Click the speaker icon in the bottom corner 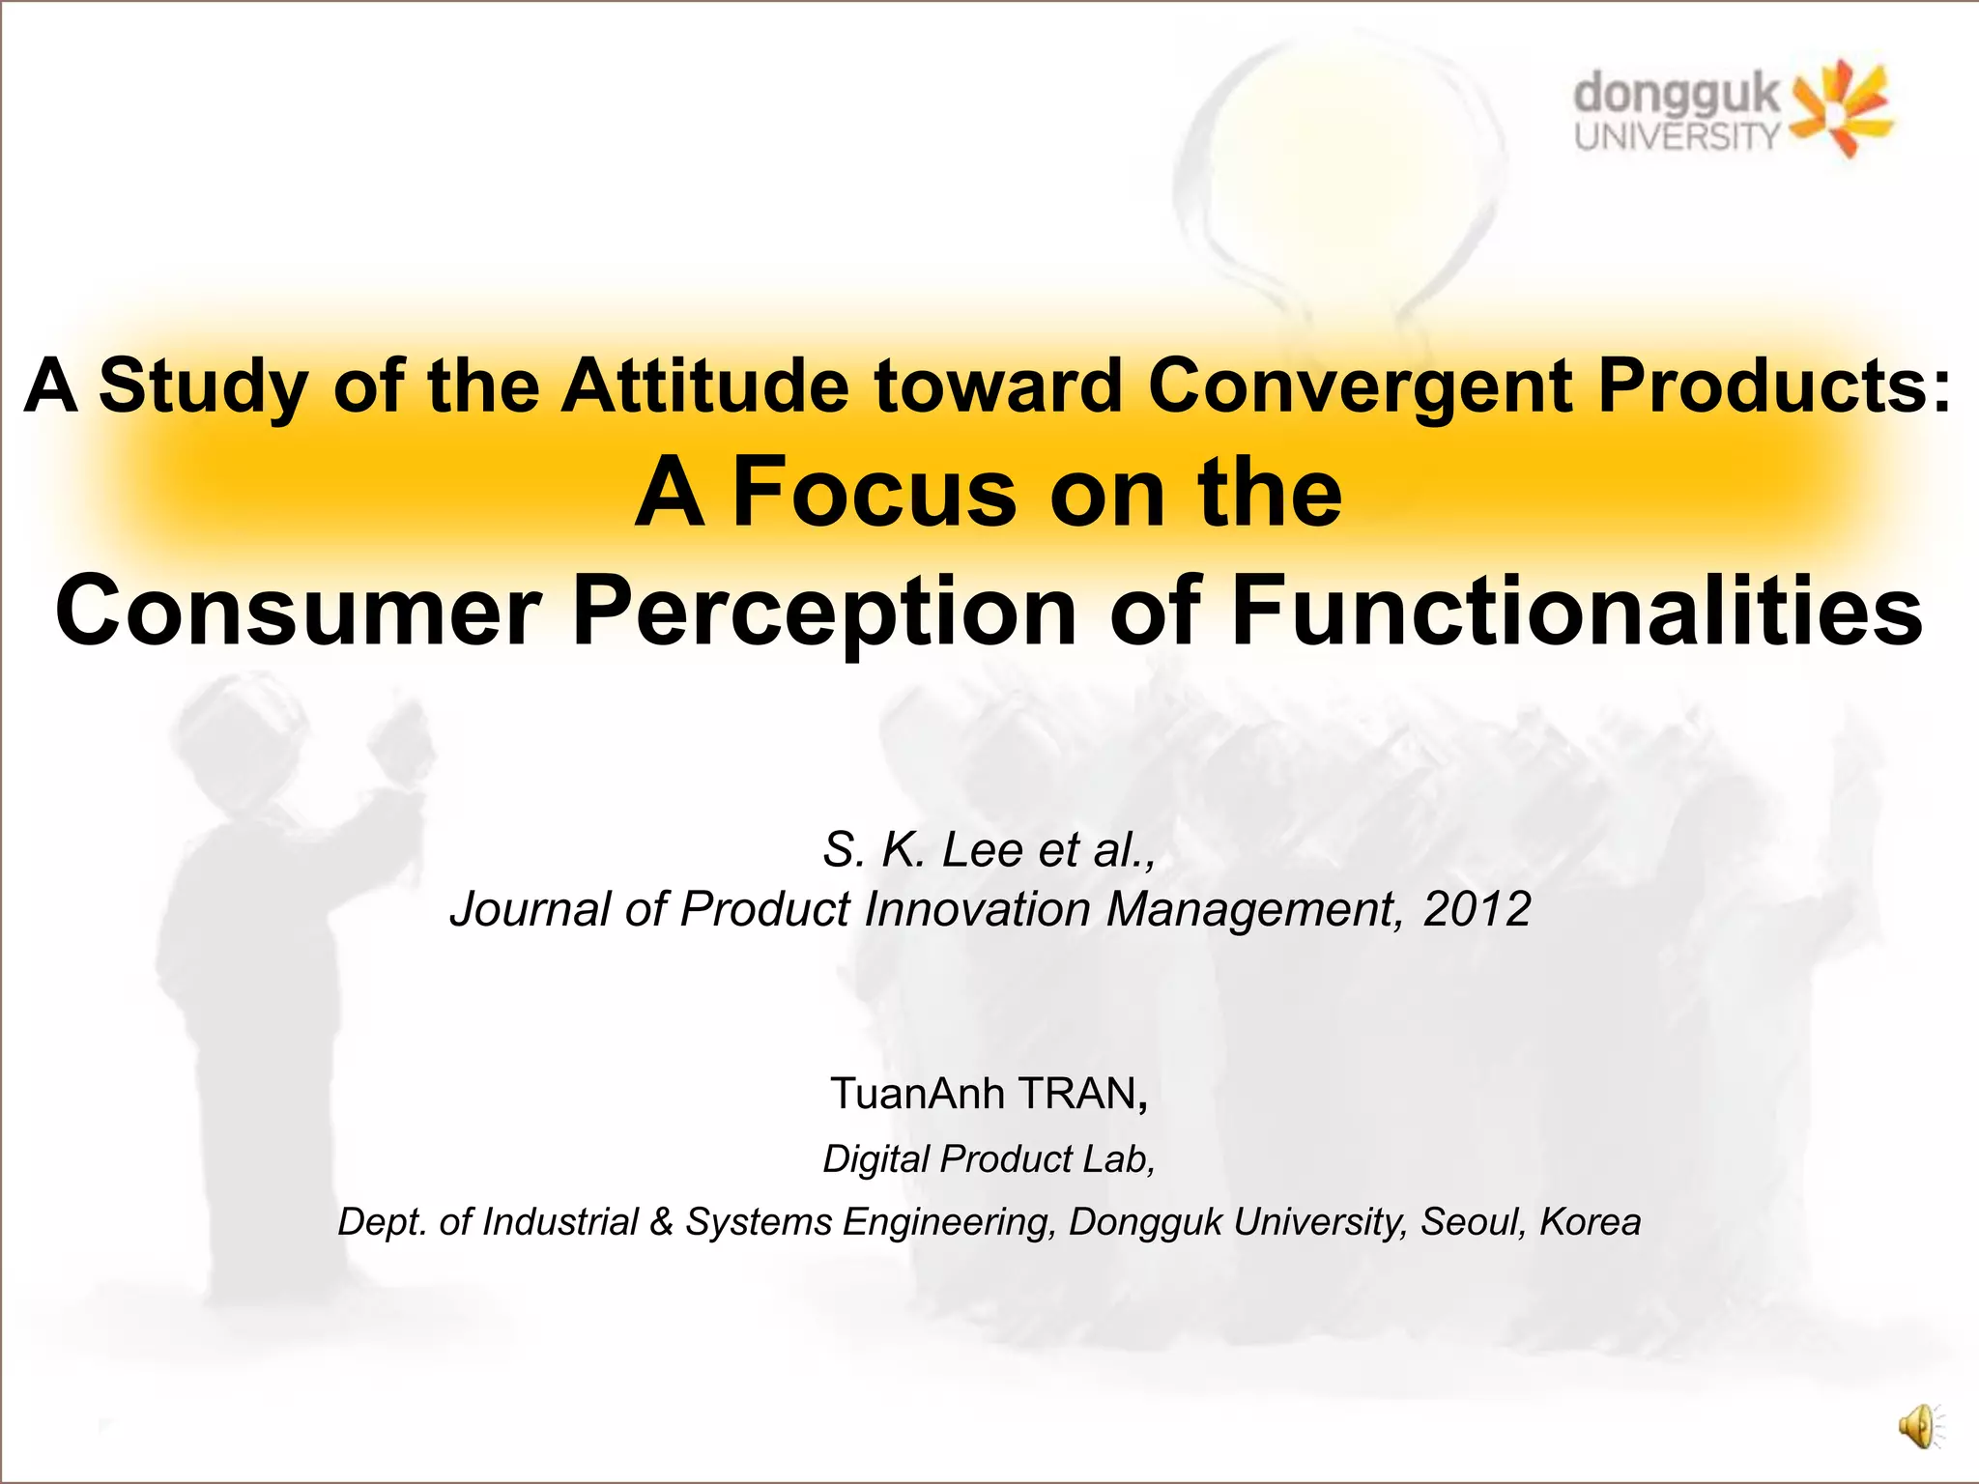tap(1919, 1426)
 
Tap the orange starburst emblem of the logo tap(1841, 108)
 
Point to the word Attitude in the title tap(705, 385)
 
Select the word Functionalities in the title tap(1577, 611)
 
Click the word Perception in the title tap(824, 611)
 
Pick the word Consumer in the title tap(298, 611)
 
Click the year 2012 tap(1477, 909)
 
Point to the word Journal tap(531, 909)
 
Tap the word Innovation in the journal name tap(978, 909)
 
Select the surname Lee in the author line tap(984, 850)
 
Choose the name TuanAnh tap(918, 1094)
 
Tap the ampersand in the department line tap(662, 1222)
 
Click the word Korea tap(1590, 1222)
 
